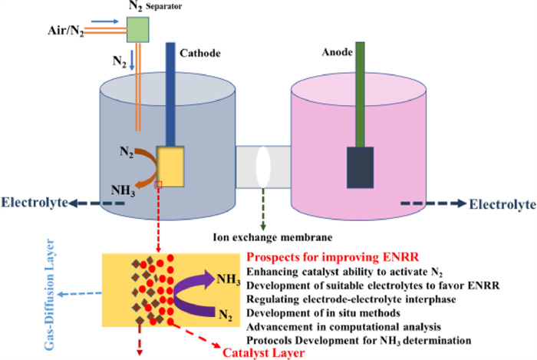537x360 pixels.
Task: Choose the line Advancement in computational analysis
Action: pyautogui.click(x=341, y=325)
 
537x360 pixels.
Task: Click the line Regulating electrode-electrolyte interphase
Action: pyautogui.click(x=354, y=298)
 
